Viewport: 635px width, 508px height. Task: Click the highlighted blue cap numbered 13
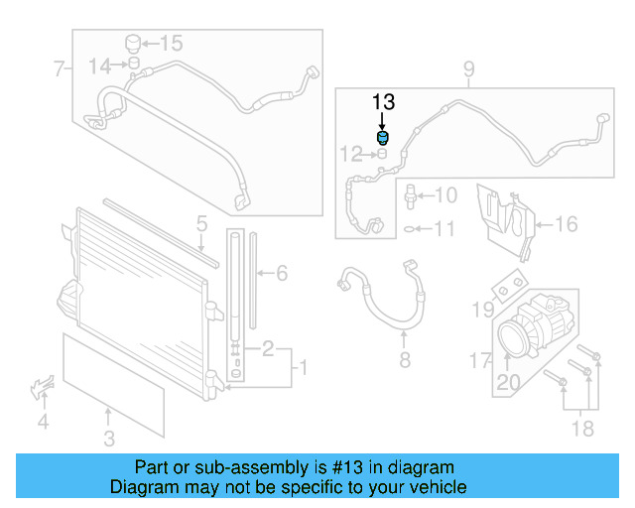(383, 137)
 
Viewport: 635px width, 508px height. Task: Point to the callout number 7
(59, 68)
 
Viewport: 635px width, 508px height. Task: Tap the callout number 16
(565, 224)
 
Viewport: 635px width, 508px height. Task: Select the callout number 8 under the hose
(404, 359)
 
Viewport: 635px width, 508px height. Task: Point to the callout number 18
(582, 428)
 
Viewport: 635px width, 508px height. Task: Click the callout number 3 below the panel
(109, 438)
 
